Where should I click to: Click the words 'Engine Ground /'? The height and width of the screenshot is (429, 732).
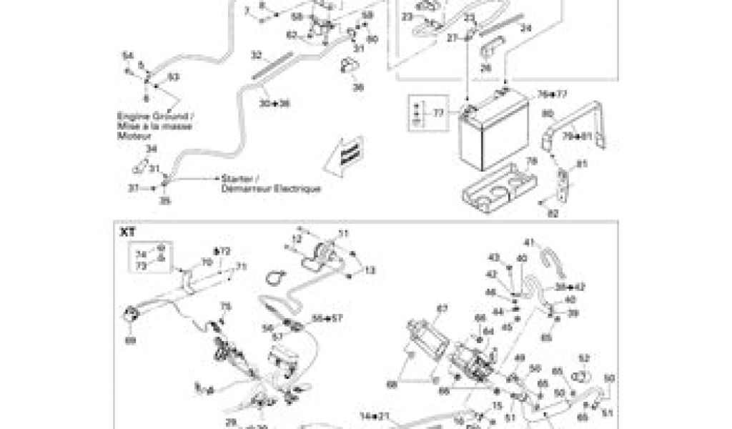[x=154, y=116]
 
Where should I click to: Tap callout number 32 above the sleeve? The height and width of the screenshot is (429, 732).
[x=257, y=54]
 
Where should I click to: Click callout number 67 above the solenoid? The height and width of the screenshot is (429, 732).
[x=441, y=309]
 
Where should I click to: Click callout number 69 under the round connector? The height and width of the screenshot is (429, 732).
[x=130, y=340]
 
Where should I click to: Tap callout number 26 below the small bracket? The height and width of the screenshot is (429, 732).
[x=486, y=68]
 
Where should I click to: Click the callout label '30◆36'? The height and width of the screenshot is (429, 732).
[x=275, y=104]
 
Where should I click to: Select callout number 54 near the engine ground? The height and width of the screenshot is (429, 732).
[x=127, y=56]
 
